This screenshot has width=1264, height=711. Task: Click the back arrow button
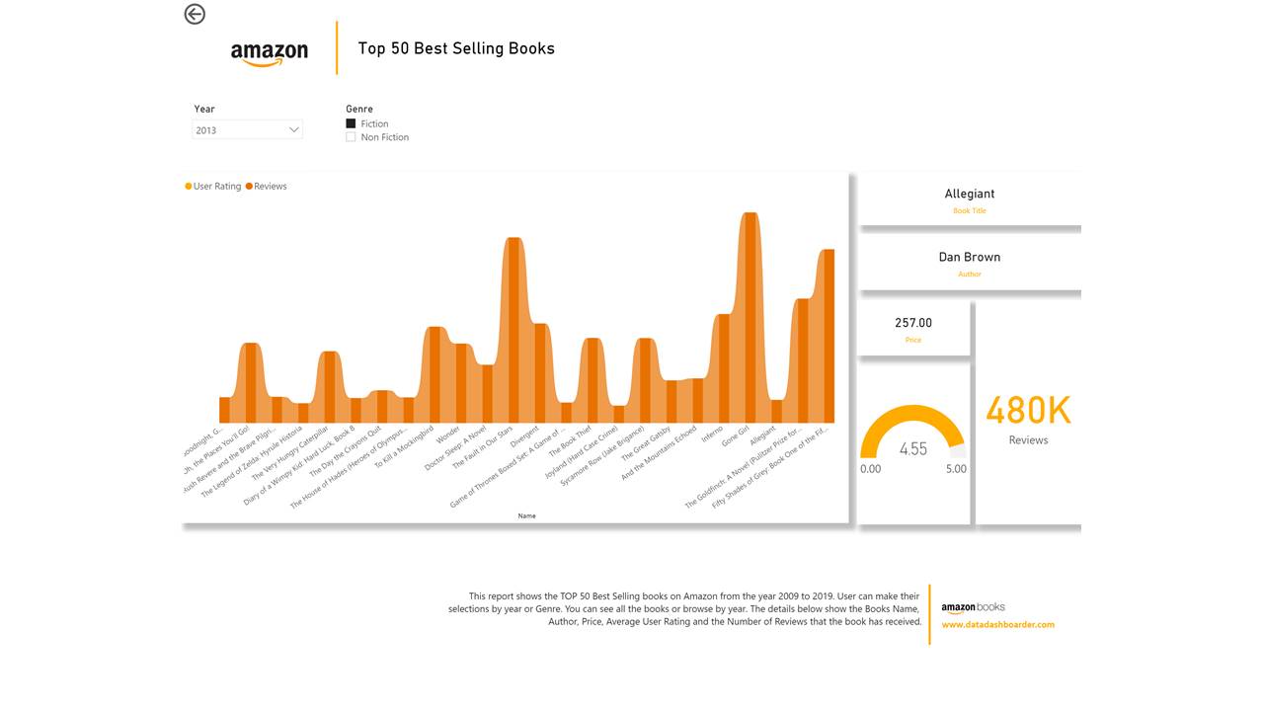(195, 14)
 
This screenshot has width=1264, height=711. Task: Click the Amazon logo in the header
(269, 53)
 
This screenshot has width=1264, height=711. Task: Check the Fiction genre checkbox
(351, 123)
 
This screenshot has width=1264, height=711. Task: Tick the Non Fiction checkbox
(351, 137)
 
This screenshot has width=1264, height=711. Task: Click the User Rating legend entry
(213, 186)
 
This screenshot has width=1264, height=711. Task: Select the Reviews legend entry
(267, 186)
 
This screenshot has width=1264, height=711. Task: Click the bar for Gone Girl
(750, 316)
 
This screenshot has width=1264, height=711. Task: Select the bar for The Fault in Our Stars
(513, 331)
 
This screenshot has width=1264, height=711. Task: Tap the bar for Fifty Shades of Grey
(828, 336)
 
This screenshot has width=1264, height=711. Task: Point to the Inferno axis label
(712, 434)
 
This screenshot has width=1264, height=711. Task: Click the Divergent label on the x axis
(524, 435)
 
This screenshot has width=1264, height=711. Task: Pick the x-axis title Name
(526, 515)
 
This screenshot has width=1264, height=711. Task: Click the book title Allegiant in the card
(969, 195)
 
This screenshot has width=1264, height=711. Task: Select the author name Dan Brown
(969, 257)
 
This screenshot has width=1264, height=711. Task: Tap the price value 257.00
(912, 323)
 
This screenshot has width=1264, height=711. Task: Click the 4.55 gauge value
(912, 449)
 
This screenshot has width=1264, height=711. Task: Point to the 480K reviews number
(1028, 411)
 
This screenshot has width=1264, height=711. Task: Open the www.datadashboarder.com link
(997, 624)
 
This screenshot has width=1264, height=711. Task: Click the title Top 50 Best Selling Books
(456, 48)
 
